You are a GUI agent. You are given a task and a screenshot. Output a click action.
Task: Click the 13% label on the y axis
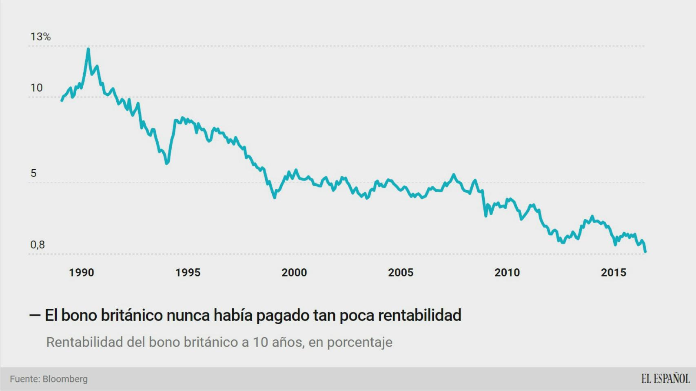coord(40,37)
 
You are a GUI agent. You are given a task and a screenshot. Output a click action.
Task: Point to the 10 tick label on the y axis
coord(36,88)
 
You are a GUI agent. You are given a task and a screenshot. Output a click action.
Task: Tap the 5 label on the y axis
coord(33,173)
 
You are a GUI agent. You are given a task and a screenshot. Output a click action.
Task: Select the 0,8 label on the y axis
coord(38,245)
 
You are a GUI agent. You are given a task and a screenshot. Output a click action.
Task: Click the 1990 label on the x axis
coord(82,272)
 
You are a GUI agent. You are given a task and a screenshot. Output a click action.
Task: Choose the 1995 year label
coord(188,272)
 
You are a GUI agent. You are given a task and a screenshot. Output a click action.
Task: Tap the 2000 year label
coord(294,272)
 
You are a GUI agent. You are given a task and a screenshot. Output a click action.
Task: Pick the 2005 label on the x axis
coord(401,272)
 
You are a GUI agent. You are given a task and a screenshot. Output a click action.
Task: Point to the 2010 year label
coord(507,272)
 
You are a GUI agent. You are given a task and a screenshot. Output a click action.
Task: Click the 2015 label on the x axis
coord(614,272)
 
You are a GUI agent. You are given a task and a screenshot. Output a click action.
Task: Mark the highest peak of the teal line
coord(88,49)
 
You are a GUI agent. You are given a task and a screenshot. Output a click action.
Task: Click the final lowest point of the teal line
coord(645,252)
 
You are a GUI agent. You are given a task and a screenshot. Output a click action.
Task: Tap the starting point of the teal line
coord(62,100)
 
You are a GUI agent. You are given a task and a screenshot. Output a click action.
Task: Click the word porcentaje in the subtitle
coord(359,342)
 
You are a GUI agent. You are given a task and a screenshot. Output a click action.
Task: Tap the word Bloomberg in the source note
coord(65,379)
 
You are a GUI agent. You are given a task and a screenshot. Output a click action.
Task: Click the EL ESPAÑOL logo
coord(665,379)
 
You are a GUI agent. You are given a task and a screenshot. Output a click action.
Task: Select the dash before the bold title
coord(35,315)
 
